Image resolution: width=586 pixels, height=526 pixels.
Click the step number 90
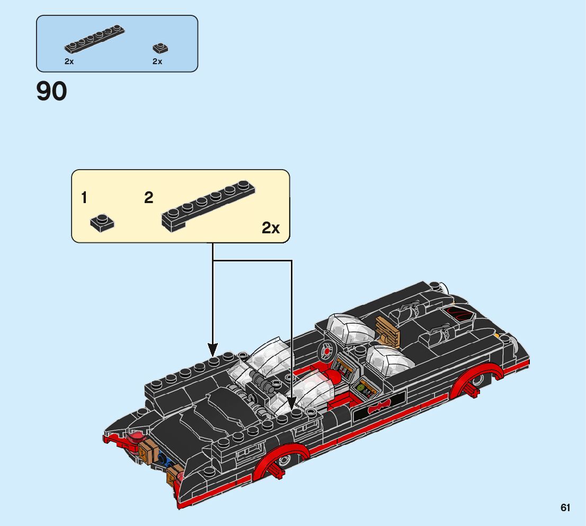51,91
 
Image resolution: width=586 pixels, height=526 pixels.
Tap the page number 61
565,508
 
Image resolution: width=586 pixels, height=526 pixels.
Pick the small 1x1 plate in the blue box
160,48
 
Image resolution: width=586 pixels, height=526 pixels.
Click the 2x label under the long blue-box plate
69,62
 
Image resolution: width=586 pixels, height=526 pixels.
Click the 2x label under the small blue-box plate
157,62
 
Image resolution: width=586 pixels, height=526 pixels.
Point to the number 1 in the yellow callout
84,198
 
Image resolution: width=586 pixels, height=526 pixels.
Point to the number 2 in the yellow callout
149,198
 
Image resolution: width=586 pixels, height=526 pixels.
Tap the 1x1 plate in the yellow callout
102,223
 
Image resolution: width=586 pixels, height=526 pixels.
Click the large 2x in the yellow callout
271,228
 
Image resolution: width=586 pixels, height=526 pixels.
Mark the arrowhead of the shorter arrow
212,350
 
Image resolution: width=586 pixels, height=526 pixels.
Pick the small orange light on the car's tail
496,335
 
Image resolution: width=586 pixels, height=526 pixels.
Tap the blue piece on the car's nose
161,461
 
